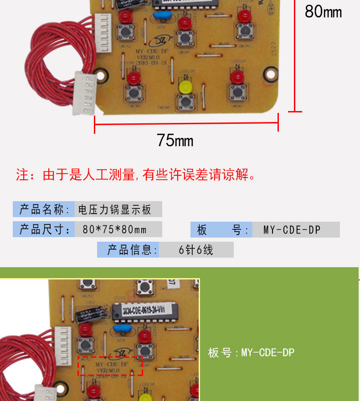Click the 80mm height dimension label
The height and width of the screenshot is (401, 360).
point(323,12)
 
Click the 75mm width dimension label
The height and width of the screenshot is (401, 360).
point(175,140)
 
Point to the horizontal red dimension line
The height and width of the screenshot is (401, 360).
point(186,123)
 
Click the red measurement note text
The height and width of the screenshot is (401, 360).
point(136,174)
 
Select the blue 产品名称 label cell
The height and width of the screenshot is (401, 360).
point(44,209)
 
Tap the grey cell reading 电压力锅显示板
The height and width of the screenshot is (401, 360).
point(118,209)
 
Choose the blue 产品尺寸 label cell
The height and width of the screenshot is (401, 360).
point(44,229)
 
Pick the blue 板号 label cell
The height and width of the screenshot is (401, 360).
point(222,229)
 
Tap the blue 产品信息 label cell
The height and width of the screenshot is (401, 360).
point(128,249)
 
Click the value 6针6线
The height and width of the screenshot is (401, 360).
point(196,249)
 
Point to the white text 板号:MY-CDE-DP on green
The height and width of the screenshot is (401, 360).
point(251,352)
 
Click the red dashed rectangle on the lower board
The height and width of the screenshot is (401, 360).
point(111,366)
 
